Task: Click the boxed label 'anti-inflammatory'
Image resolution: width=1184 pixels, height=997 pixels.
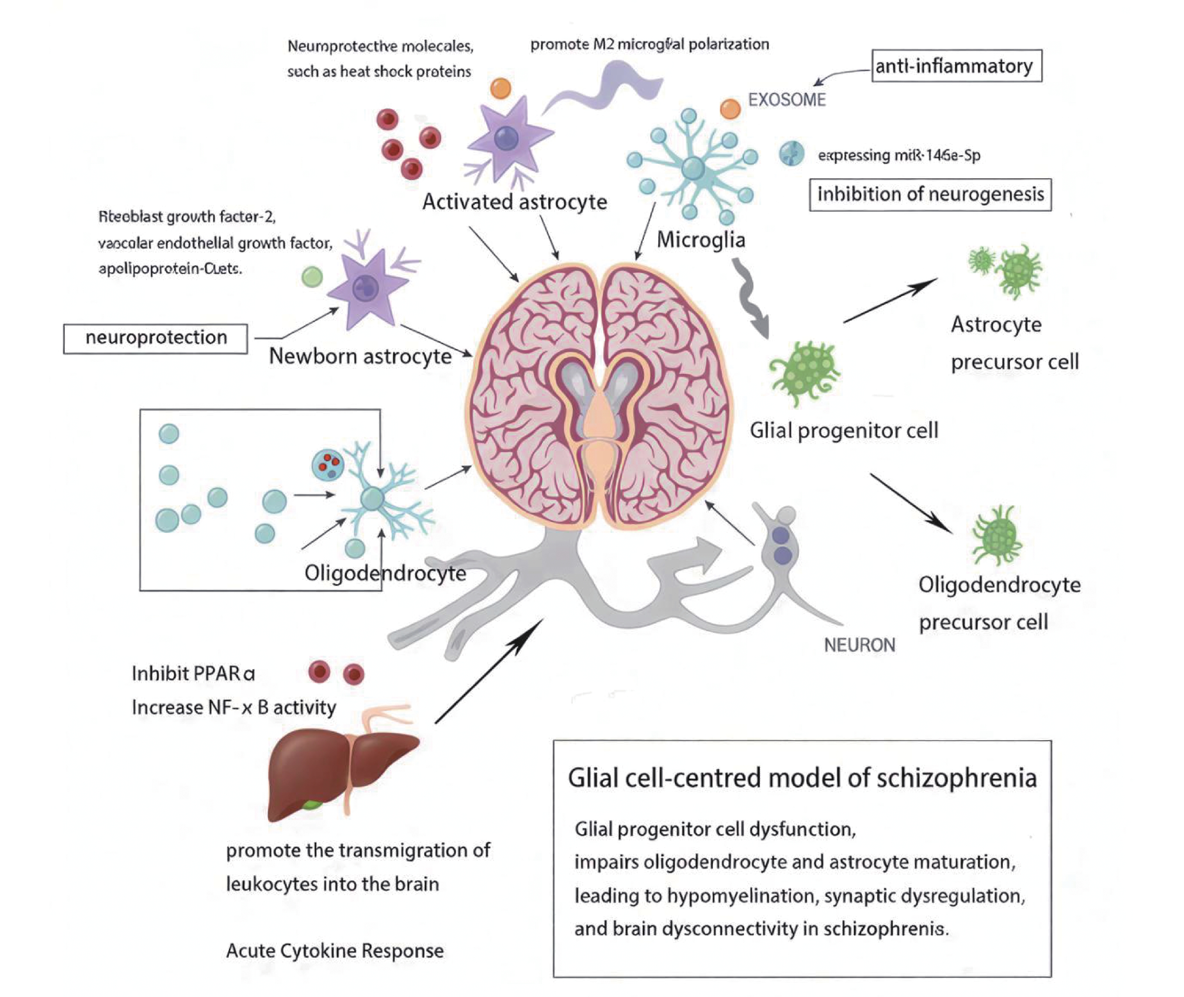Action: pos(956,66)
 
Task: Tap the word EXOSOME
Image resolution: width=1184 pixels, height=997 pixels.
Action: pos(787,100)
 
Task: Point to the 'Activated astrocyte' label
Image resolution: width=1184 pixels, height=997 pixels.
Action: pos(514,202)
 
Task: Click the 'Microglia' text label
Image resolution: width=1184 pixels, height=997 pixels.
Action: pos(701,240)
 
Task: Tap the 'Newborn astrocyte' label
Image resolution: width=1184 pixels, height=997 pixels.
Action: pos(360,356)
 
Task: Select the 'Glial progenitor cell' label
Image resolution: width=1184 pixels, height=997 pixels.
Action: pos(844,431)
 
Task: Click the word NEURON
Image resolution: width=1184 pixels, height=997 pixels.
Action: pos(859,645)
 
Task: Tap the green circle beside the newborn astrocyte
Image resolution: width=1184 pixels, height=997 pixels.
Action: pos(312,277)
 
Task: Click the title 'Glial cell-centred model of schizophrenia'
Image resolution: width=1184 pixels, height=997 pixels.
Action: pos(802,778)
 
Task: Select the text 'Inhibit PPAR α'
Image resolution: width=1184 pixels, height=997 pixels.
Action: pos(193,674)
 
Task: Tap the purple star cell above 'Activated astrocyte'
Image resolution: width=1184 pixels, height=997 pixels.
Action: pos(506,138)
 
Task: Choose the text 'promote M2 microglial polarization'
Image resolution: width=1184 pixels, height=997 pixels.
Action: pos(650,44)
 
